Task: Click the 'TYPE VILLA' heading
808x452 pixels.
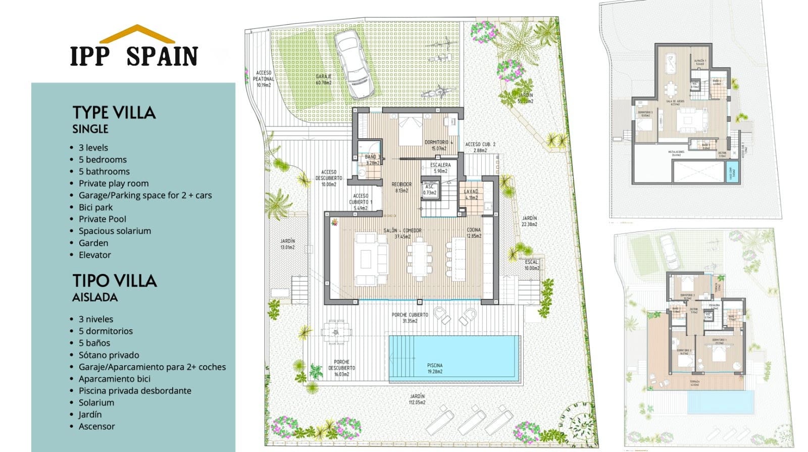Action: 114,112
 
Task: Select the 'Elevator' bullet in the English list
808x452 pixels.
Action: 94,255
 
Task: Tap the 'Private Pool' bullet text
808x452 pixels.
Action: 102,219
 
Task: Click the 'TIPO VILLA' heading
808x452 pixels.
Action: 115,280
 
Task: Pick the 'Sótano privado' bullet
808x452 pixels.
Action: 109,355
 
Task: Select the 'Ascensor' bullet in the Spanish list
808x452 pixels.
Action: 96,426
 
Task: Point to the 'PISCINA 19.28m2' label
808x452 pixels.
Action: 434,368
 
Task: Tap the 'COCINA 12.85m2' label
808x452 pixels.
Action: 474,233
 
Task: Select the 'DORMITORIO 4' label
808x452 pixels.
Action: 438,145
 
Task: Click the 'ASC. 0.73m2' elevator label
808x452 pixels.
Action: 430,189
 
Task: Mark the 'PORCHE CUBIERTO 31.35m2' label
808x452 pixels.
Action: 410,318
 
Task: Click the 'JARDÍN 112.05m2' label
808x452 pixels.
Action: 417,400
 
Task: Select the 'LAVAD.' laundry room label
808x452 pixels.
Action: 471,194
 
